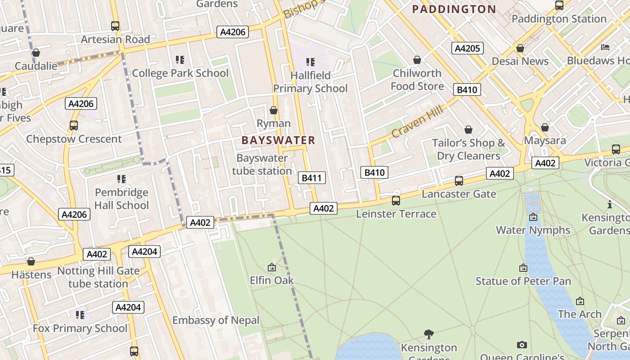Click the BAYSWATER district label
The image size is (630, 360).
pyautogui.click(x=278, y=140)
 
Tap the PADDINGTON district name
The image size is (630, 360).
pyautogui.click(x=454, y=9)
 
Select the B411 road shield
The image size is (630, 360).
pyautogui.click(x=311, y=178)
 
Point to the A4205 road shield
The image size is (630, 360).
pyautogui.click(x=468, y=48)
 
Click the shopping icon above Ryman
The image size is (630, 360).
pyautogui.click(x=273, y=110)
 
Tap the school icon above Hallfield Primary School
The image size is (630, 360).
pyautogui.click(x=310, y=62)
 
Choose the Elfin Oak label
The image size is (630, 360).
pyautogui.click(x=272, y=280)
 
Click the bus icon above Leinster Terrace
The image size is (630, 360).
pyautogui.click(x=396, y=201)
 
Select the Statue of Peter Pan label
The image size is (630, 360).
pyautogui.click(x=523, y=281)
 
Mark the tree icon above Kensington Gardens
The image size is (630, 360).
pyautogui.click(x=429, y=334)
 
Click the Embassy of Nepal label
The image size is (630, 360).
pyautogui.click(x=216, y=320)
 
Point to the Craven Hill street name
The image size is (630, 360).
pyautogui.click(x=417, y=122)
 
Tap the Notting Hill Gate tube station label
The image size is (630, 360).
pyautogui.click(x=99, y=278)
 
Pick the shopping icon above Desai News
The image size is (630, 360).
pyautogui.click(x=520, y=48)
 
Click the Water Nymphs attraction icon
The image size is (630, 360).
pyautogui.click(x=533, y=217)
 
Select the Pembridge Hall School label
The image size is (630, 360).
pyautogui.click(x=121, y=199)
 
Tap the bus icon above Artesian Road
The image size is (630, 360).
pyautogui.click(x=115, y=26)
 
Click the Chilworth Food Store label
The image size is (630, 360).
pyautogui.click(x=417, y=80)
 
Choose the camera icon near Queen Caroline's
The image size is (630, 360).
pyautogui.click(x=522, y=345)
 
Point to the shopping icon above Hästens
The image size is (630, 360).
pyautogui.click(x=31, y=261)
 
